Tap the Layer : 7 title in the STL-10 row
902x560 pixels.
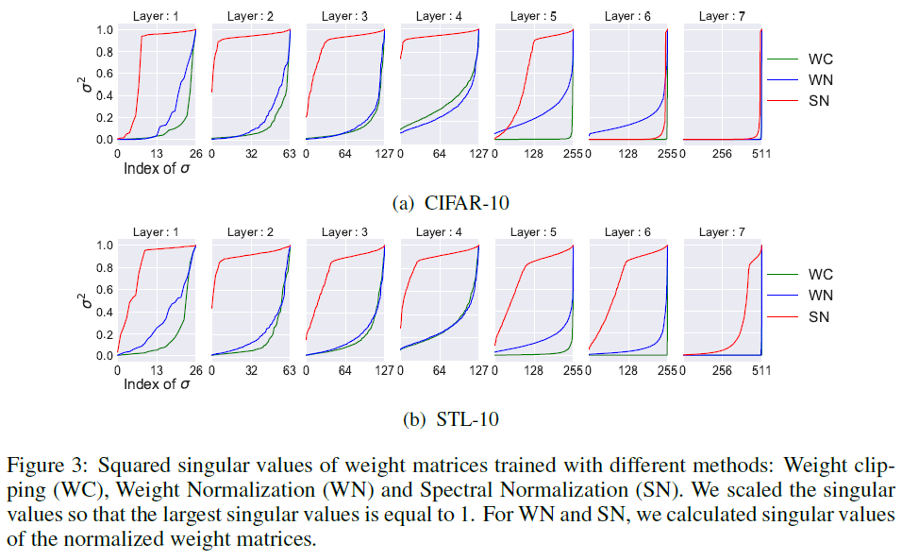pos(722,231)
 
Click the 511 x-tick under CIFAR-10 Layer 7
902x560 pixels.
pos(761,154)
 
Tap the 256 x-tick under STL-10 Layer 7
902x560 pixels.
pos(722,370)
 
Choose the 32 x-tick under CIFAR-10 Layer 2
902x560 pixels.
pos(250,154)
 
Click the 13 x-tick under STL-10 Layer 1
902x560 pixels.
pos(156,370)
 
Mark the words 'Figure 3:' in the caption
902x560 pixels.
pos(48,466)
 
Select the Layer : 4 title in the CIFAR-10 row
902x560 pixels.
pos(439,16)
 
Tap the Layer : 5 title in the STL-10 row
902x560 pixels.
pos(533,231)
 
